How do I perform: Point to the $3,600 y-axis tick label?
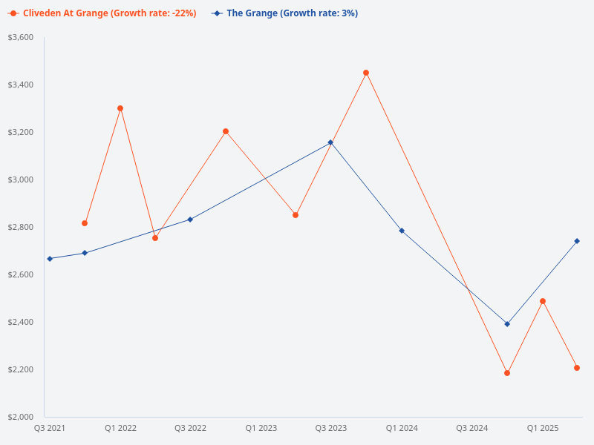pyautogui.click(x=20, y=37)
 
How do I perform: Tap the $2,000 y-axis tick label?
pyautogui.click(x=20, y=417)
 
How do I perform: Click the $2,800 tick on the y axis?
pyautogui.click(x=20, y=227)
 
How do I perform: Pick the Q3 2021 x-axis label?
pyautogui.click(x=50, y=428)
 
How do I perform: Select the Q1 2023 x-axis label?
pyautogui.click(x=261, y=428)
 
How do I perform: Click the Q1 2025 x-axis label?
pyautogui.click(x=543, y=428)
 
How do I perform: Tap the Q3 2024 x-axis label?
pyautogui.click(x=472, y=428)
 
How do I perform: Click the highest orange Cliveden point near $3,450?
pyautogui.click(x=366, y=73)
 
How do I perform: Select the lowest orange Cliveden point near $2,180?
pyautogui.click(x=507, y=373)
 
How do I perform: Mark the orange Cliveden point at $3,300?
pyautogui.click(x=120, y=108)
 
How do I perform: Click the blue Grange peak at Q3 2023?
pyautogui.click(x=330, y=142)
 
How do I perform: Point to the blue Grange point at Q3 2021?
pyautogui.click(x=50, y=259)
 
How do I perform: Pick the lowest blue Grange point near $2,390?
pyautogui.click(x=507, y=324)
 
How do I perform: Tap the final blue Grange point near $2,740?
pyautogui.click(x=577, y=241)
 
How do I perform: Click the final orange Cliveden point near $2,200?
pyautogui.click(x=577, y=368)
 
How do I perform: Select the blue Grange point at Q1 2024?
pyautogui.click(x=402, y=231)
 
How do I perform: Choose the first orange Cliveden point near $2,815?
pyautogui.click(x=85, y=223)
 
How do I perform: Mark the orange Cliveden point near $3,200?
pyautogui.click(x=226, y=131)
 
